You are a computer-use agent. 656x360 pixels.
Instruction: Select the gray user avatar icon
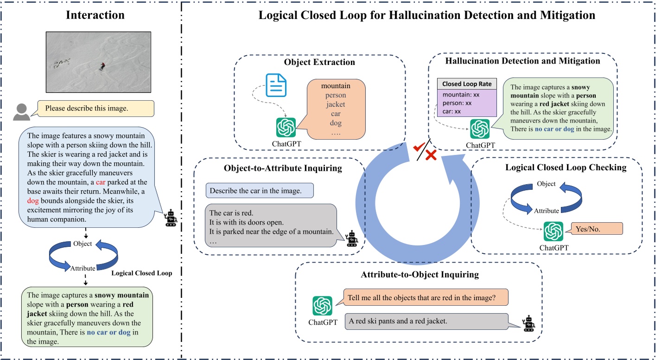tap(22, 110)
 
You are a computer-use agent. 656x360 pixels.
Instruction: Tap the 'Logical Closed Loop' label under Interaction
tap(141, 273)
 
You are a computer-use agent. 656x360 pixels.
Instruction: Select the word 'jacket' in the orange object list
tap(336, 104)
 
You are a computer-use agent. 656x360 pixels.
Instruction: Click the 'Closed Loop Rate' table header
tap(467, 84)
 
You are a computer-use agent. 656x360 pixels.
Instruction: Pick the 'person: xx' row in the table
tap(457, 103)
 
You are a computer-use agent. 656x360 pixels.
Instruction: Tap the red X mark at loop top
tap(432, 154)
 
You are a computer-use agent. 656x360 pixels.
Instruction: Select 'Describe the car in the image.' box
tap(260, 190)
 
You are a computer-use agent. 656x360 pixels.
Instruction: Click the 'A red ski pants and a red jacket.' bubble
tap(431, 321)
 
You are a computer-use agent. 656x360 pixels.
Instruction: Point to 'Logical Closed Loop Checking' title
tap(566, 167)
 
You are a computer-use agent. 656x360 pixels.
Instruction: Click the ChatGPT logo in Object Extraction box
tap(286, 128)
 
